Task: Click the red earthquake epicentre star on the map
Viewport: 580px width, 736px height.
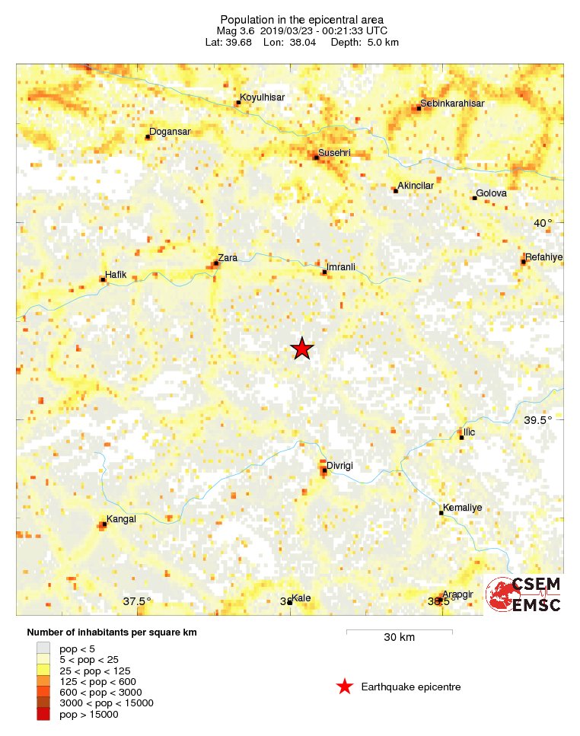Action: tap(302, 349)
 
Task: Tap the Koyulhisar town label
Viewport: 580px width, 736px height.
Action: tap(262, 98)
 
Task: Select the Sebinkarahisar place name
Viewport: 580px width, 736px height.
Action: tap(453, 104)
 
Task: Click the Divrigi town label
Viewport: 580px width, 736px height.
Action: tap(340, 466)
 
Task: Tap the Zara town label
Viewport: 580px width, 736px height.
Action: tap(228, 258)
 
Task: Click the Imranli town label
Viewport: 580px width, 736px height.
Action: tap(341, 266)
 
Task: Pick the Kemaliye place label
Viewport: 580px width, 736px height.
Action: tap(461, 507)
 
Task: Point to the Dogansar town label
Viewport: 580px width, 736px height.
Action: tap(170, 132)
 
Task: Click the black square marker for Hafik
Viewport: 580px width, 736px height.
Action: tap(103, 280)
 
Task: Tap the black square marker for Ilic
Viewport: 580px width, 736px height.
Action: tap(461, 438)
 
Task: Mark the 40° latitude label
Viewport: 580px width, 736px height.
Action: tap(543, 223)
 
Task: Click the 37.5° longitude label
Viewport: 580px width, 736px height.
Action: tap(137, 601)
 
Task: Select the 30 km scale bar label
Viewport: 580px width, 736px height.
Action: tap(399, 637)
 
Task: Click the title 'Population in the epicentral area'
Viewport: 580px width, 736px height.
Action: tap(301, 19)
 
